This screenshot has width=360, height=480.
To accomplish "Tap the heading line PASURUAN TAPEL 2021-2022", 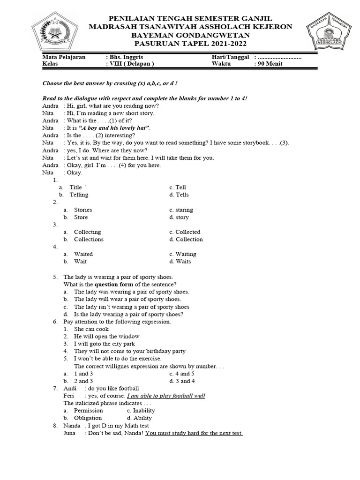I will point(190,44).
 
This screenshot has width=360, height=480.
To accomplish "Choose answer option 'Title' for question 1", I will point(75,187).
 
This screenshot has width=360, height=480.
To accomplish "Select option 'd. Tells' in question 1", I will point(179,195).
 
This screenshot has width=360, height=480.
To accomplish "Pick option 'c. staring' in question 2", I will point(181,210).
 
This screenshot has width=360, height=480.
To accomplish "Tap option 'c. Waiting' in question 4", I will point(183,254).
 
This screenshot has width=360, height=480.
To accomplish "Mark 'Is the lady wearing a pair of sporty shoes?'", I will point(128,314).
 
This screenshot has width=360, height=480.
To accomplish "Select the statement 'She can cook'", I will point(91,329).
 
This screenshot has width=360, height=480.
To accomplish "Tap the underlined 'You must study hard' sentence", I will point(194,433).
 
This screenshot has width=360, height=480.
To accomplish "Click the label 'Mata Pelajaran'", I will point(64,57).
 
